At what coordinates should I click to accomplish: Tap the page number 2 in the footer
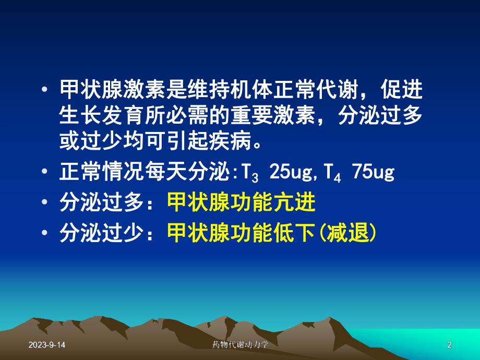pos(449,345)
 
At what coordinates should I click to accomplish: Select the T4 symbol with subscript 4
pos(332,173)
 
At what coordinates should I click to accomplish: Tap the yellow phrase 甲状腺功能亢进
pos(241,203)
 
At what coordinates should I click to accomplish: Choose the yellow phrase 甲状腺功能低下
pos(241,233)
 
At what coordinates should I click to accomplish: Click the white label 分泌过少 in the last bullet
pos(100,233)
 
